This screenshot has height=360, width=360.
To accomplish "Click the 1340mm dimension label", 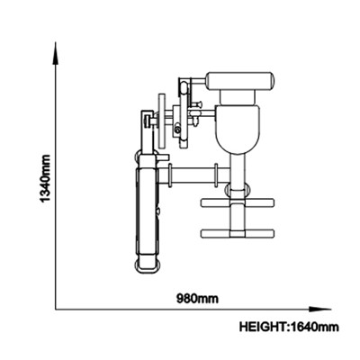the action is click(x=45, y=179).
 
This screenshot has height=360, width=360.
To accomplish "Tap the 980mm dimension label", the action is click(x=197, y=299).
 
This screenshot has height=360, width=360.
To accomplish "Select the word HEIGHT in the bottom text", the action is click(x=262, y=327).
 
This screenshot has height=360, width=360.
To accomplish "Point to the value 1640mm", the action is click(x=314, y=327).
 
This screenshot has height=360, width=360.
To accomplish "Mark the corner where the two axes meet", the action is click(x=56, y=309).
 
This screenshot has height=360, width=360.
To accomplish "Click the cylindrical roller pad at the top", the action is click(x=240, y=81).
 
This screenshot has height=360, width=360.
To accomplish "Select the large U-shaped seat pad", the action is click(x=237, y=130).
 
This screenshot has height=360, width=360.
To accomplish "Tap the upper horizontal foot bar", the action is click(x=238, y=202).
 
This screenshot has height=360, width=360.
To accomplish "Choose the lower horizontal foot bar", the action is click(x=238, y=233).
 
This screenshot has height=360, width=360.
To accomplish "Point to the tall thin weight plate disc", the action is click(x=162, y=122).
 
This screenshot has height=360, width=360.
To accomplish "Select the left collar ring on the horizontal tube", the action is click(x=170, y=175).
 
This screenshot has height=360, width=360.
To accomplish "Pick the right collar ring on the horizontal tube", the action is click(x=216, y=175).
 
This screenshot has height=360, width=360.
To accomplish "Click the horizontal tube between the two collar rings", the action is click(x=193, y=175).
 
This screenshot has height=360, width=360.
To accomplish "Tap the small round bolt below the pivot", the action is click(x=177, y=130).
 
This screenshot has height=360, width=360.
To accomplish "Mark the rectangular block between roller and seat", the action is click(x=238, y=97).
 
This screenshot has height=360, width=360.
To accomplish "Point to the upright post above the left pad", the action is click(x=148, y=132).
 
